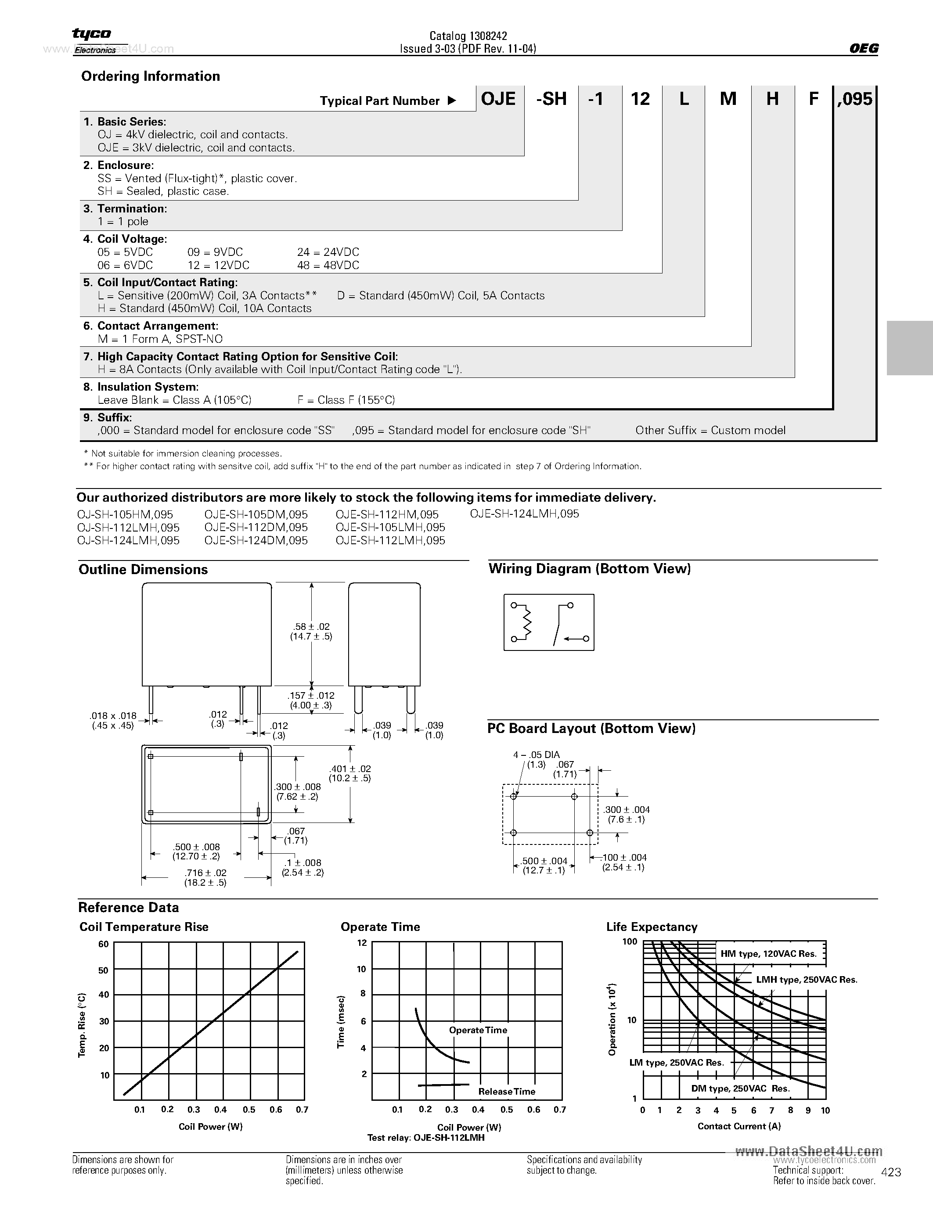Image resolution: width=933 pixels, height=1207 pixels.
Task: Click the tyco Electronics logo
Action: [x=93, y=40]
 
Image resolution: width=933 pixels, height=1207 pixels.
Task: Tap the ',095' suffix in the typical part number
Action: [x=854, y=99]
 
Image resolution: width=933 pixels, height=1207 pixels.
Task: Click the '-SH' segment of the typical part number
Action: [x=551, y=99]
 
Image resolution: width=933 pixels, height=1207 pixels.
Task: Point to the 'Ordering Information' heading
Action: [x=150, y=76]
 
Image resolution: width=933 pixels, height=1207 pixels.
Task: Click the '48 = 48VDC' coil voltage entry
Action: [x=328, y=265]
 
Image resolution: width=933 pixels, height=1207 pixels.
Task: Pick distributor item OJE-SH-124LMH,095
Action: [x=524, y=514]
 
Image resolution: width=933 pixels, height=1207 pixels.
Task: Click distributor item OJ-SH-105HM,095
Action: [x=125, y=514]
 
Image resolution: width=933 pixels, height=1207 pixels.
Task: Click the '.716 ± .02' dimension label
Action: [x=205, y=873]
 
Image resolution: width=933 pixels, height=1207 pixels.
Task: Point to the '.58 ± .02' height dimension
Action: [x=310, y=627]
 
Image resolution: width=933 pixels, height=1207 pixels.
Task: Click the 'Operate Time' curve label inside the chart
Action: [x=478, y=1030]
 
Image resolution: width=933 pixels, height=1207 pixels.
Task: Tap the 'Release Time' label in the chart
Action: [x=506, y=1092]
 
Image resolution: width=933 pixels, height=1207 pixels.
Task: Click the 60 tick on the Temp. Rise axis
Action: [x=103, y=944]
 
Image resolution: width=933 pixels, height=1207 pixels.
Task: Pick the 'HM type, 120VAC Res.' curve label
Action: [x=768, y=954]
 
